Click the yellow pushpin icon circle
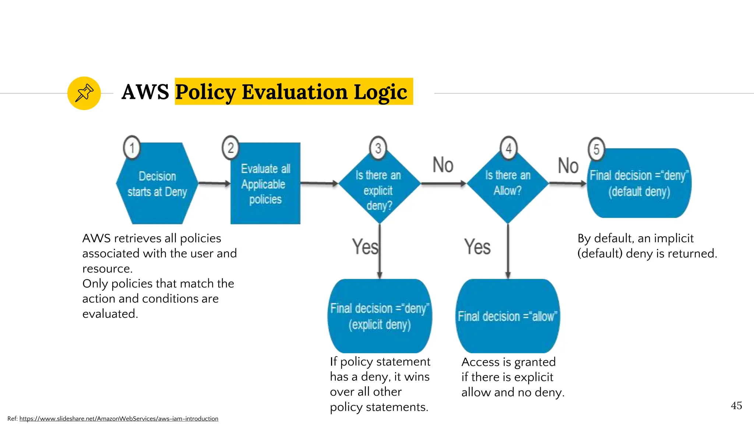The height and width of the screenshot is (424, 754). click(x=84, y=93)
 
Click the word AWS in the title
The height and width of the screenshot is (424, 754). click(x=145, y=92)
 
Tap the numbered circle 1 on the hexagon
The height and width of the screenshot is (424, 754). click(x=132, y=148)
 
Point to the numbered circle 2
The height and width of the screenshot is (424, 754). click(x=230, y=148)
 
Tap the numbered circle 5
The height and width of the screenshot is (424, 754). click(x=596, y=149)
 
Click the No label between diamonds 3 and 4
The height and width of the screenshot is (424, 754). click(x=443, y=165)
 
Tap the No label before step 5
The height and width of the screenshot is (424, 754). click(x=568, y=166)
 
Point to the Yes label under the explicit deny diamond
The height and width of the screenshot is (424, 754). click(x=364, y=247)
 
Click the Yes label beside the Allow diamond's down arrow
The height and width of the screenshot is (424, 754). click(x=477, y=247)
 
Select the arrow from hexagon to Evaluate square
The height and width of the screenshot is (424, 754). click(x=214, y=183)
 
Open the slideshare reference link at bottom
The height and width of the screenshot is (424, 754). click(x=119, y=419)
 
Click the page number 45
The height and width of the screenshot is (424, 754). click(x=736, y=406)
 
